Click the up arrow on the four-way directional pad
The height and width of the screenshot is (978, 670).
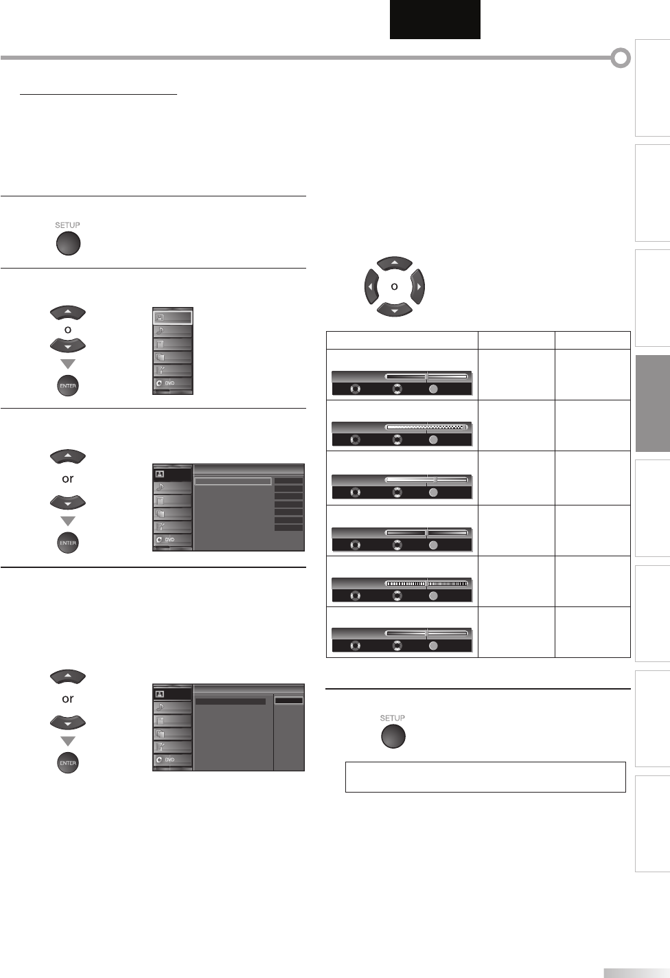pyautogui.click(x=394, y=264)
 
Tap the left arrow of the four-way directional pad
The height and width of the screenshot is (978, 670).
pyautogui.click(x=371, y=286)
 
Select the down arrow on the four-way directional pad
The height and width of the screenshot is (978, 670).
pyautogui.click(x=394, y=309)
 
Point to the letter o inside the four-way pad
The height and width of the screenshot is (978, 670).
pyautogui.click(x=394, y=286)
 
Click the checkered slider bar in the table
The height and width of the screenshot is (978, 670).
pyautogui.click(x=426, y=427)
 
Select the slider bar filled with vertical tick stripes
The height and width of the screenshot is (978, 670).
pyautogui.click(x=426, y=583)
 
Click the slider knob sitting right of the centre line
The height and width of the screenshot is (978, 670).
pyautogui.click(x=436, y=479)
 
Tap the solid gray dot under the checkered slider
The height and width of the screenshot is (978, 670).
pyautogui.click(x=433, y=440)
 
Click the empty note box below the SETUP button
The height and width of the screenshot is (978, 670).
pyautogui.click(x=485, y=777)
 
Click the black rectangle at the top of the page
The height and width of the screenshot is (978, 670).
pyautogui.click(x=435, y=19)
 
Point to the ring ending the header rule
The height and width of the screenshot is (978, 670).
pyautogui.click(x=621, y=58)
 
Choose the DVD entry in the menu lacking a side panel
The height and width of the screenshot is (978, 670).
pyautogui.click(x=172, y=383)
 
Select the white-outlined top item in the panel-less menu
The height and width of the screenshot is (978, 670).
pyautogui.click(x=172, y=318)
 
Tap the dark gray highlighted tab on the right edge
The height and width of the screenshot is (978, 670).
pyautogui.click(x=653, y=403)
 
